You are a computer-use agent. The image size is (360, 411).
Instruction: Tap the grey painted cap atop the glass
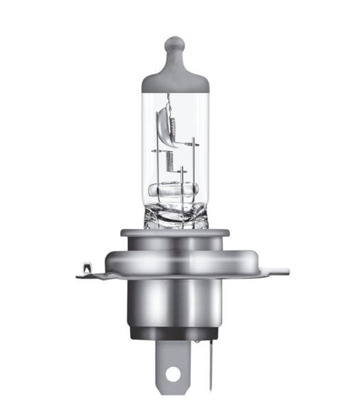click(175, 78)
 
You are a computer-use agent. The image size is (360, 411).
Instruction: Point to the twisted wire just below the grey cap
click(170, 99)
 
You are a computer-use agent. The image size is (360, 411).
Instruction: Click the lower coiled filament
click(170, 161)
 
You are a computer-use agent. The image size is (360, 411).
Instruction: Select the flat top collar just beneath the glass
click(175, 232)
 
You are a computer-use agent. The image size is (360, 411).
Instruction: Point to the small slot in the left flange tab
click(86, 268)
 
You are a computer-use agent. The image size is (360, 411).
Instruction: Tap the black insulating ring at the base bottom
click(175, 334)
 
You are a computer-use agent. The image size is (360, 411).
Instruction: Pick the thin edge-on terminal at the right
click(212, 366)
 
